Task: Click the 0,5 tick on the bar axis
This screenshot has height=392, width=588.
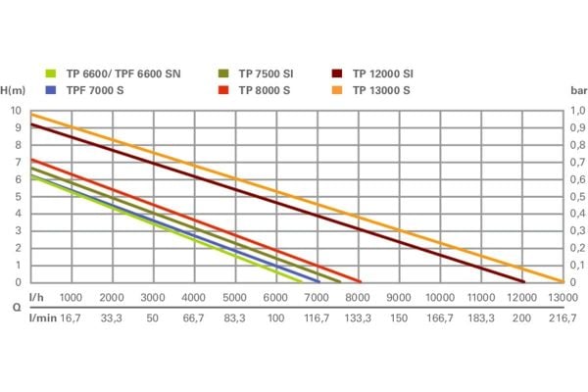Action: click(580, 196)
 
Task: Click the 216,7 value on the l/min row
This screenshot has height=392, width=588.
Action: click(563, 318)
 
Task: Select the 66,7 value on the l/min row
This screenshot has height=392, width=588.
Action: click(194, 318)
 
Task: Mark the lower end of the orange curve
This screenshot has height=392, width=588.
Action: click(562, 281)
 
